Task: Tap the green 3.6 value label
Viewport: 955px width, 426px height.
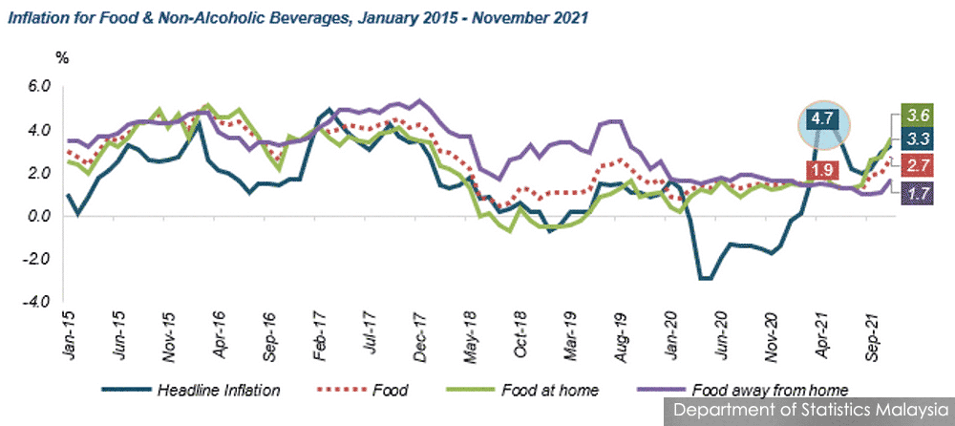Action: click(915, 114)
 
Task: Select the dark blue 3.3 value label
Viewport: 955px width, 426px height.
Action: click(915, 138)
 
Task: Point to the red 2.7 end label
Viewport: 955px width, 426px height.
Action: click(915, 164)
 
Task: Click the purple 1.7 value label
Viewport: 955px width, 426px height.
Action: click(915, 195)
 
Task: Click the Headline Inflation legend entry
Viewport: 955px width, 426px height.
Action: click(191, 390)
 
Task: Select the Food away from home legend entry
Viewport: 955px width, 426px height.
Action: click(742, 390)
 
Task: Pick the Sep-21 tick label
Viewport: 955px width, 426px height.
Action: click(871, 335)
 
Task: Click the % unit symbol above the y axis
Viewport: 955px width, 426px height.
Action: click(62, 58)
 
